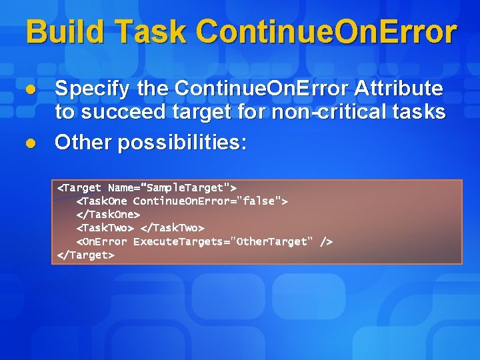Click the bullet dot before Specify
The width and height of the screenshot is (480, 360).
point(30,89)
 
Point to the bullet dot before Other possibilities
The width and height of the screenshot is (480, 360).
point(30,143)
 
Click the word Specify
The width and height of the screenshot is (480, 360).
point(93,89)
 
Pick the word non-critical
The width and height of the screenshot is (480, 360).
point(315,112)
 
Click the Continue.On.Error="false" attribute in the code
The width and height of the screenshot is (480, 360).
point(210,201)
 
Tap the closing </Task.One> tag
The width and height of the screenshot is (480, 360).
point(108,215)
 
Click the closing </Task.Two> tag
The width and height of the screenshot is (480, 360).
point(172,228)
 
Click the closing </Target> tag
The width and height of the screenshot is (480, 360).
point(86,255)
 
